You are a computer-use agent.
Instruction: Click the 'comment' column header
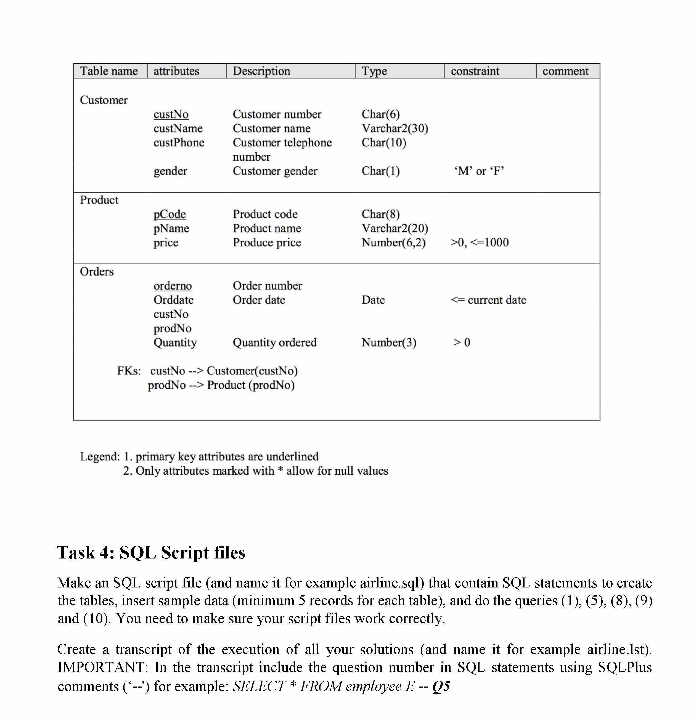pos(565,71)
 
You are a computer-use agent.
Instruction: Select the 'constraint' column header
pos(475,71)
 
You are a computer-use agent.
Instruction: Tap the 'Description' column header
pos(261,71)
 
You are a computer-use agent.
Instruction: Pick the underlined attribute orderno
pos(173,286)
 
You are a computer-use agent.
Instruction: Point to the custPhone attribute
pos(179,143)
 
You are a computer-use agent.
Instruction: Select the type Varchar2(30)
pos(394,128)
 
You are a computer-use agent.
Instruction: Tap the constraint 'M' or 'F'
pos(479,171)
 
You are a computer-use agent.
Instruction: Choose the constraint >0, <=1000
pos(480,243)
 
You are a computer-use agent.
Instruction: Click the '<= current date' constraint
pos(488,300)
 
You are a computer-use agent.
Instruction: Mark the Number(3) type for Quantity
pos(389,342)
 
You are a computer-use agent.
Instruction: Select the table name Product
pos(99,200)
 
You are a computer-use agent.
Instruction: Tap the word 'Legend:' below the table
pos(100,456)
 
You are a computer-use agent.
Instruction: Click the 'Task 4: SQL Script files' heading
pos(151,552)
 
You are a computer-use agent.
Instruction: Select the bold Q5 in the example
pos(441,687)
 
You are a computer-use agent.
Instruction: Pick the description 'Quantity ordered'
pos(275,342)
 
